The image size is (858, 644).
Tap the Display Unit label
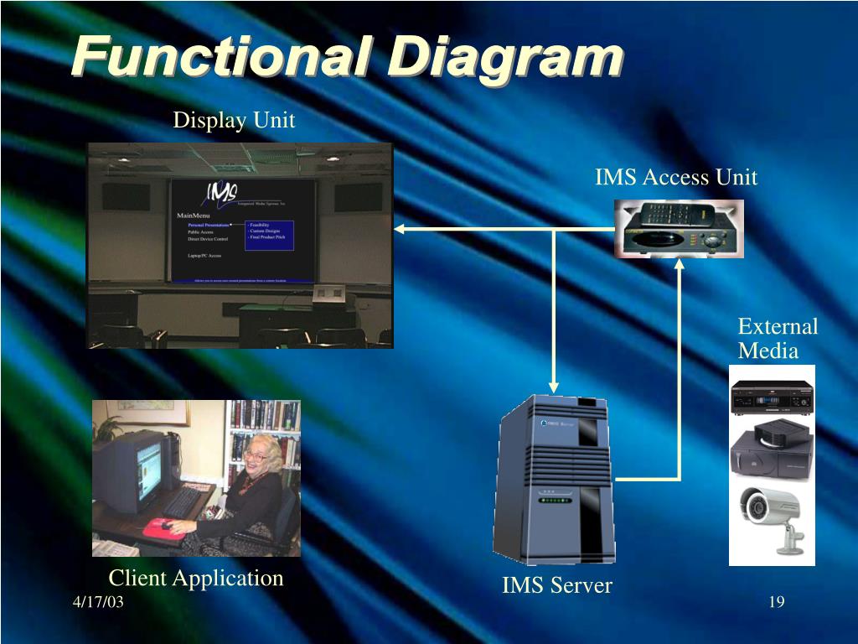(234, 121)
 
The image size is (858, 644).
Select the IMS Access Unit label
(675, 178)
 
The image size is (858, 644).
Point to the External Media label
(777, 338)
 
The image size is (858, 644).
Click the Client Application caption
(196, 578)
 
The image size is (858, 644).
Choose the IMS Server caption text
(556, 585)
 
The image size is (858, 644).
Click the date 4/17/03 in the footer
(97, 603)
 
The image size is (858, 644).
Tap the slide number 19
(776, 603)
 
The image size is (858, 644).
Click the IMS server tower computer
(556, 478)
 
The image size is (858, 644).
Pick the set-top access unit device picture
(679, 228)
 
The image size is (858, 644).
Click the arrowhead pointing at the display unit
(400, 229)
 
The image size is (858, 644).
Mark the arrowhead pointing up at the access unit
(679, 263)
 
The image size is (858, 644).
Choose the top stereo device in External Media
(772, 397)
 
